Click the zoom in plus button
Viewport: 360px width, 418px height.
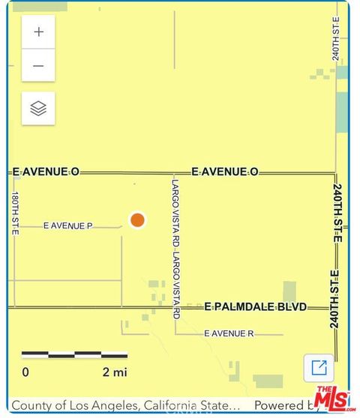coord(38,32)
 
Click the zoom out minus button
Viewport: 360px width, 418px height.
coord(38,66)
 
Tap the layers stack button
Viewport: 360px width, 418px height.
coord(38,109)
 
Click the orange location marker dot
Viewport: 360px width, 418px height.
coord(137,219)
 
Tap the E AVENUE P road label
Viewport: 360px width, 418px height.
coord(67,225)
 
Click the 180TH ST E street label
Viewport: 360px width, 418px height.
coord(15,213)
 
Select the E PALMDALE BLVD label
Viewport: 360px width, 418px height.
coord(256,307)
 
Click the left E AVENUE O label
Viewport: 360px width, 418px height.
coord(46,172)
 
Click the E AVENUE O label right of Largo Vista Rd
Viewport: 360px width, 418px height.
coord(225,172)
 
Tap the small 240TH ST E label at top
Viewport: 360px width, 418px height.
coord(337,39)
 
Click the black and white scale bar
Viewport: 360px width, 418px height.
coord(74,354)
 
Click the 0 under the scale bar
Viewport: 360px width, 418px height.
coord(25,372)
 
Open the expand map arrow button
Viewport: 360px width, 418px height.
coord(319,367)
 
